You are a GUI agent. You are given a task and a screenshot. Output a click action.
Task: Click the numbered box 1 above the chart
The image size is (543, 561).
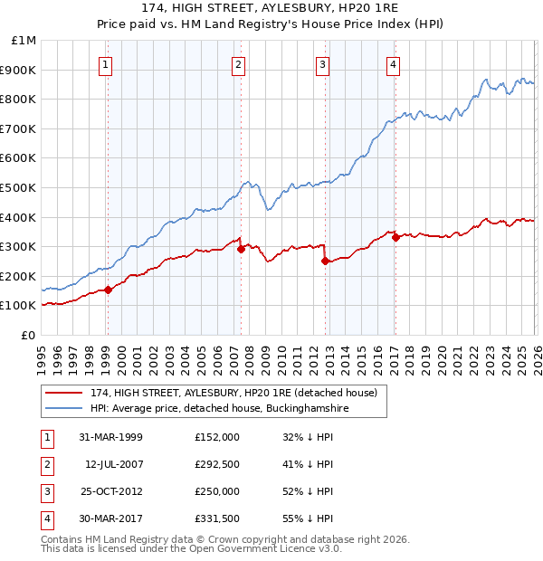click(107, 64)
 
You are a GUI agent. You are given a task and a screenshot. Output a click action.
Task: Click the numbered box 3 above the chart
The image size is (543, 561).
click(322, 64)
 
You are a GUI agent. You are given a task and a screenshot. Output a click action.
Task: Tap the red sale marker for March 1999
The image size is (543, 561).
click(108, 290)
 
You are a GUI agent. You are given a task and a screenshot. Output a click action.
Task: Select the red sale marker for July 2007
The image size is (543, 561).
click(241, 249)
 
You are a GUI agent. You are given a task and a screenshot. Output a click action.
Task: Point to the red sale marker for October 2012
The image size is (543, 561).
click(325, 261)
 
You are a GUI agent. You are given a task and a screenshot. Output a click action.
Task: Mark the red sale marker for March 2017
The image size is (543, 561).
click(395, 237)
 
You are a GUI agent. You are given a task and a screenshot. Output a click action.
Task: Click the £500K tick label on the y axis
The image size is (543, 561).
click(19, 187)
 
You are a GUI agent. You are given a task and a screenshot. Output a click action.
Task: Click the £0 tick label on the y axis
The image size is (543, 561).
click(29, 335)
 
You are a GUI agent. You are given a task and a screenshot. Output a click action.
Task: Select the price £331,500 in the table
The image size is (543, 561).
click(217, 518)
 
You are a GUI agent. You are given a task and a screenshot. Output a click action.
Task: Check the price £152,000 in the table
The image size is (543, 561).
click(217, 436)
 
